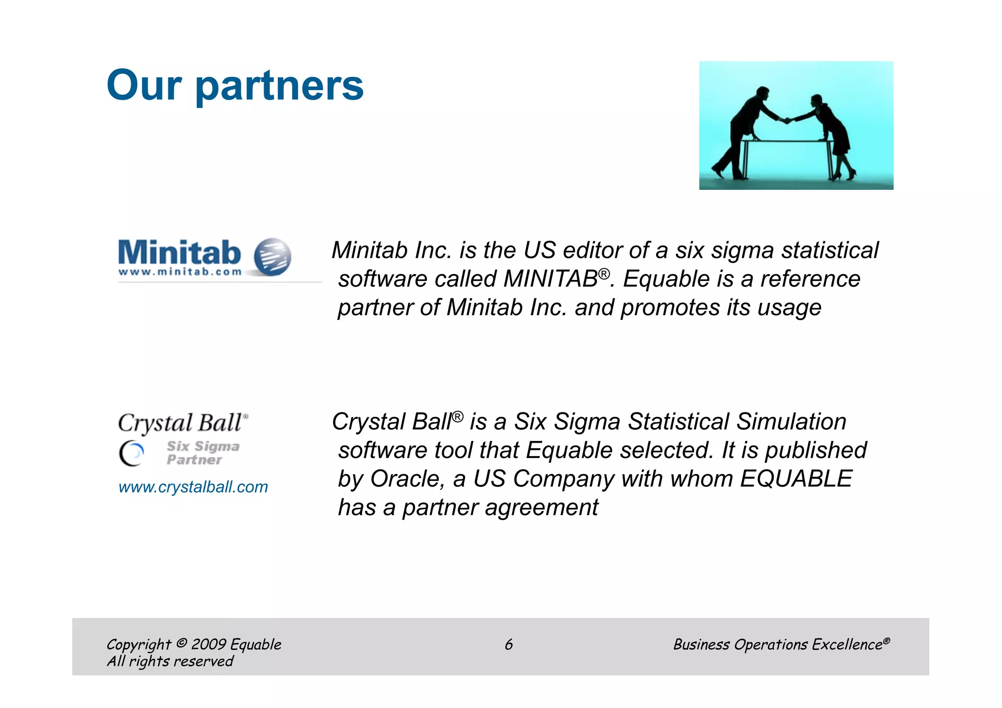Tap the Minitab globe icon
point(273,257)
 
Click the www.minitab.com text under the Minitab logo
point(180,272)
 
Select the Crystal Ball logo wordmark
point(182,423)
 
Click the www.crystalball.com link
point(193,487)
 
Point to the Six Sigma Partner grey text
point(202,453)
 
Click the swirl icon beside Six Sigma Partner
point(132,454)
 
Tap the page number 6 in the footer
point(508,644)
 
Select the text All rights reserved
point(170,662)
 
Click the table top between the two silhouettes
point(788,141)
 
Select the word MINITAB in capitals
point(550,279)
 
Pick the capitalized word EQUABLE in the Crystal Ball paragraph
point(796,479)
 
